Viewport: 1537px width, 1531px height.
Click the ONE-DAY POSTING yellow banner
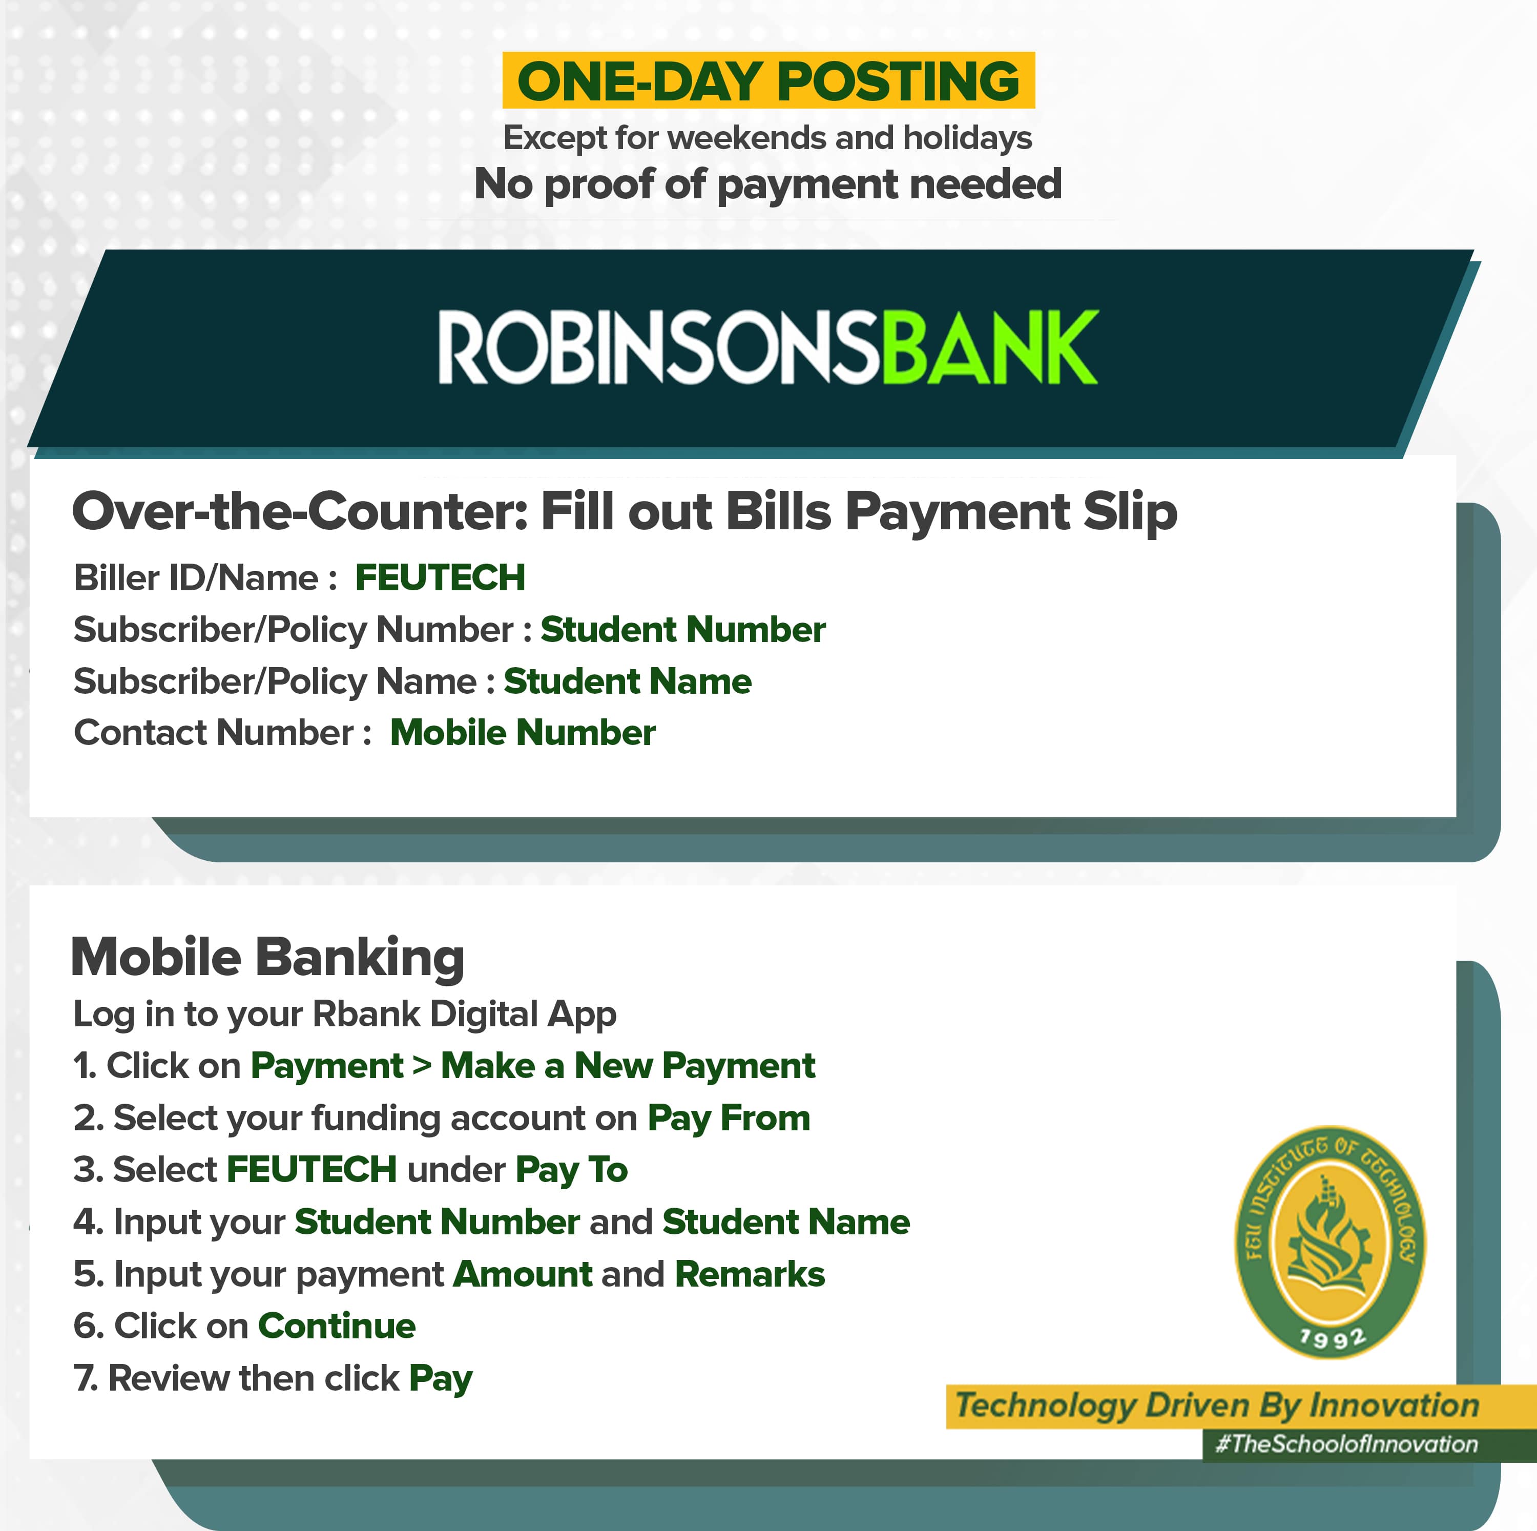pos(768,80)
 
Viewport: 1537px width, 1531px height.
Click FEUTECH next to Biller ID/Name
pos(440,577)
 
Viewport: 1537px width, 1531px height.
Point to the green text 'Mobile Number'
pos(523,733)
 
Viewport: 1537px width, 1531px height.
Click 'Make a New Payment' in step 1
pos(628,1065)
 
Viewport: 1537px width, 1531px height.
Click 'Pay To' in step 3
pos(571,1170)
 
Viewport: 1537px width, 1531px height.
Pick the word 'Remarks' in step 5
pos(750,1274)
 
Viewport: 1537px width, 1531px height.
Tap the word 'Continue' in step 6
pos(337,1326)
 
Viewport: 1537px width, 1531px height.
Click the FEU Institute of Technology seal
pos(1330,1242)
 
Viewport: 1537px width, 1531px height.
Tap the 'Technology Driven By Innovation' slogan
pos(1217,1405)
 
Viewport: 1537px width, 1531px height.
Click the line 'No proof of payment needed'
pos(767,184)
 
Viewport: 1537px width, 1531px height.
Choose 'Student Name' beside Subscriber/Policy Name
pos(628,681)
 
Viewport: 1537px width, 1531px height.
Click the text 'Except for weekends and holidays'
pos(767,138)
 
